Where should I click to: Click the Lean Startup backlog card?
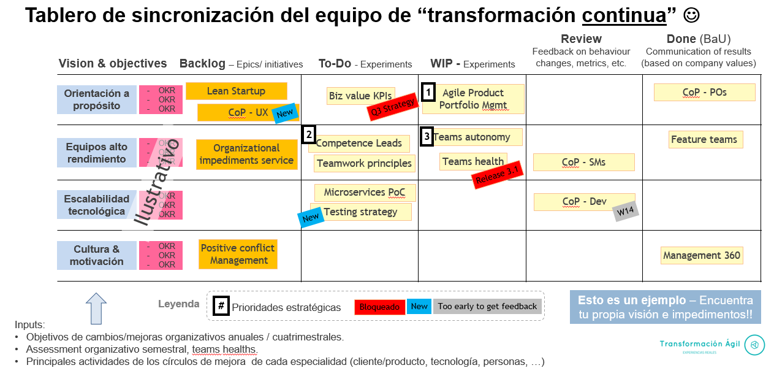point(236,91)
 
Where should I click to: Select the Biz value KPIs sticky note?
point(360,96)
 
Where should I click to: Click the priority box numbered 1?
point(429,93)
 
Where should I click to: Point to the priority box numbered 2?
point(309,134)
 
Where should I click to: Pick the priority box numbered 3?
point(427,136)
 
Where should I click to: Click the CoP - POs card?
point(704,92)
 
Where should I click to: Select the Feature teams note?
point(705,139)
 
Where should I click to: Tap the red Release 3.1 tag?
point(498,175)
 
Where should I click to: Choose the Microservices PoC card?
point(365,193)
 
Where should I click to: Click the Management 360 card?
point(702,255)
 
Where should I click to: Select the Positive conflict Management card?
point(238,254)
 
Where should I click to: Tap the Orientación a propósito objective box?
point(97,99)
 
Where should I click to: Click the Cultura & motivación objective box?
point(97,255)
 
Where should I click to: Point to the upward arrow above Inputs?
point(96,308)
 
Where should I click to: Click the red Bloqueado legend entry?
point(379,307)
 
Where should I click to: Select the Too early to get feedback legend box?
point(487,307)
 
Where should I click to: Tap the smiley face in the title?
point(691,15)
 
